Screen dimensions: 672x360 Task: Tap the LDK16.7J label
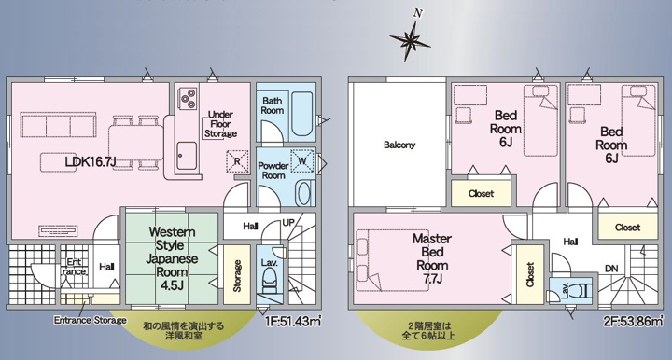91,161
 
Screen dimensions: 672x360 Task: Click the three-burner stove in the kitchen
189,99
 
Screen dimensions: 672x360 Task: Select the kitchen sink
187,156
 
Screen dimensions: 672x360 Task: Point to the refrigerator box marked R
237,161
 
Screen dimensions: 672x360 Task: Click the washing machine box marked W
302,161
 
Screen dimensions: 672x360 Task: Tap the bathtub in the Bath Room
301,113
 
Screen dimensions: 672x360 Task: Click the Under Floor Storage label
220,124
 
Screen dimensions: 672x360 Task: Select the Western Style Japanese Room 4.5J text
172,258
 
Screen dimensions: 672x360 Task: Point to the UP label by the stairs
288,223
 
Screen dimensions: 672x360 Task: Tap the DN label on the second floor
611,269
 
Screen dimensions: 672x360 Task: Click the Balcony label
399,145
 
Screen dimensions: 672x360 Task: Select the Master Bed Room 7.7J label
432,258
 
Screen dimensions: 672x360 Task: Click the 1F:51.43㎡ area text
293,321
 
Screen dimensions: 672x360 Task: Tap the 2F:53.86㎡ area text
636,321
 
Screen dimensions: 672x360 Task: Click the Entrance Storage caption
90,320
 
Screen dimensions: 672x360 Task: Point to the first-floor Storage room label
237,276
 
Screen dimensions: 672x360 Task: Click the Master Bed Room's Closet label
530,274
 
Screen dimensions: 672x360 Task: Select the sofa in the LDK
58,125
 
